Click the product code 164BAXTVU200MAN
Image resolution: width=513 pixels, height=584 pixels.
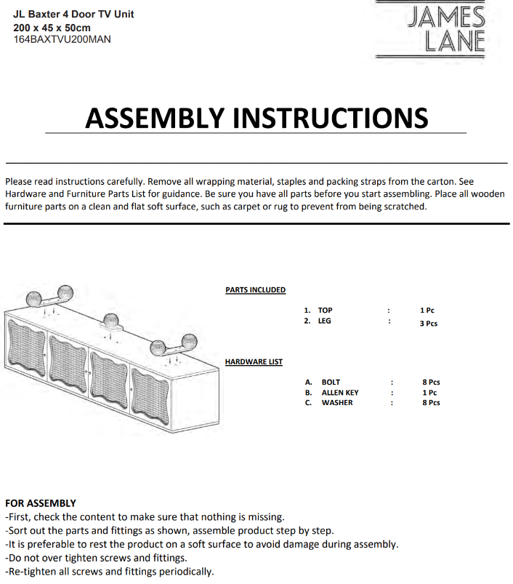point(62,39)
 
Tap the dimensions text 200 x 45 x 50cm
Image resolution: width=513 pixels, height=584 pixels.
point(52,27)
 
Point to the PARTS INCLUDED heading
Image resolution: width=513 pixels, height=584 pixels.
point(255,290)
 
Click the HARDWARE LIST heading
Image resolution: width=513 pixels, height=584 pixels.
point(254,361)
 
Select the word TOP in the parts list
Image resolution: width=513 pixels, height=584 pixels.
point(325,310)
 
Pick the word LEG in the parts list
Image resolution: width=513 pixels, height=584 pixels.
point(324,321)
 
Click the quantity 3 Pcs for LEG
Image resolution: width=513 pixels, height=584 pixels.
point(429,324)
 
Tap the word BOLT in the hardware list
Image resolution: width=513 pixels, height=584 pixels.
point(331,382)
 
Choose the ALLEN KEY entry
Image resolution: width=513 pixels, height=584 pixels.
point(340,393)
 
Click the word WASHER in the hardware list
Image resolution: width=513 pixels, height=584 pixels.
point(337,403)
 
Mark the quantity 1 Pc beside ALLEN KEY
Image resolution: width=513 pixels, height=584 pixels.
point(429,393)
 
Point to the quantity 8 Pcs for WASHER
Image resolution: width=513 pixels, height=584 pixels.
point(431,403)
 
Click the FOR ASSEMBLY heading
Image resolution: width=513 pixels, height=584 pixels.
point(41,503)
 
